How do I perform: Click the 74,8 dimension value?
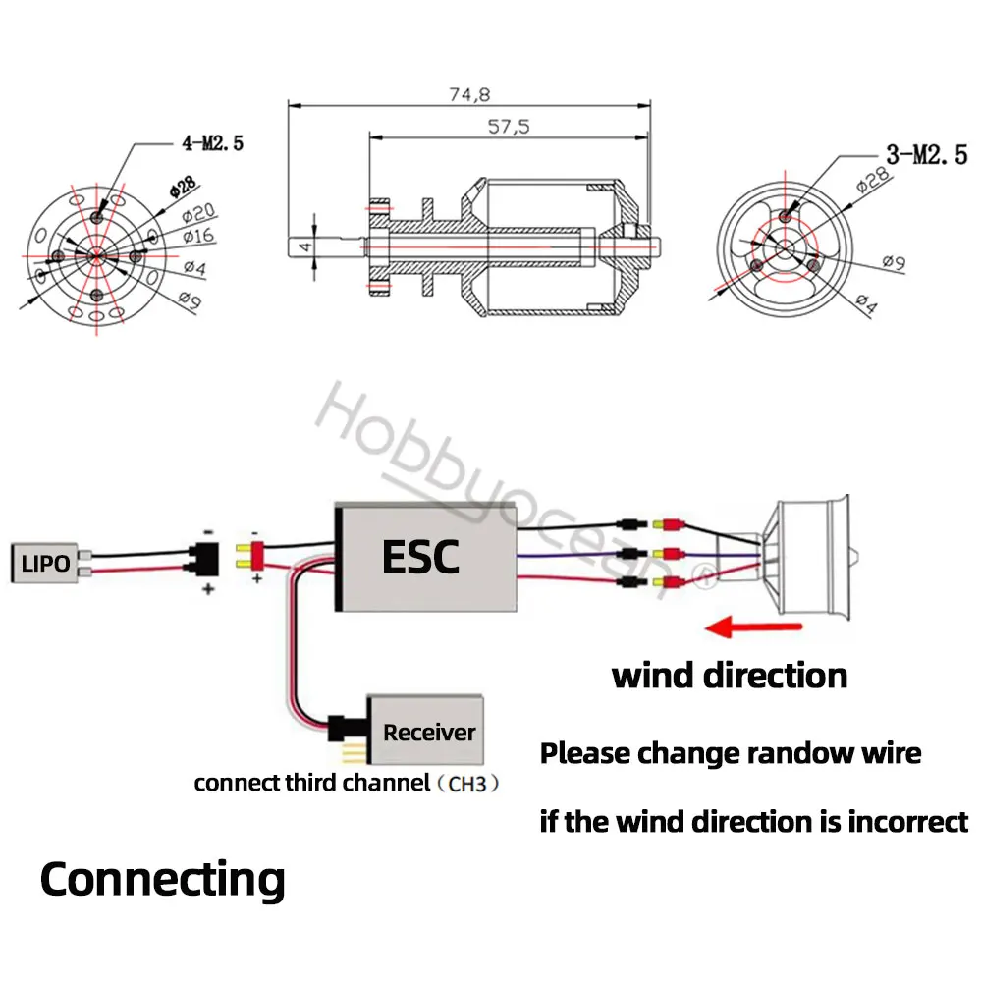pyautogui.click(x=468, y=94)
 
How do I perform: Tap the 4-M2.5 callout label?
pyautogui.click(x=211, y=142)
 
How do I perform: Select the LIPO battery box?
pyautogui.click(x=44, y=564)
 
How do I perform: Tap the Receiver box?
pyautogui.click(x=428, y=732)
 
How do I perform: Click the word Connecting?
pyautogui.click(x=162, y=879)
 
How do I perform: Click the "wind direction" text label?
pyautogui.click(x=729, y=676)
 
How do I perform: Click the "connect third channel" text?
pyautogui.click(x=311, y=784)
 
